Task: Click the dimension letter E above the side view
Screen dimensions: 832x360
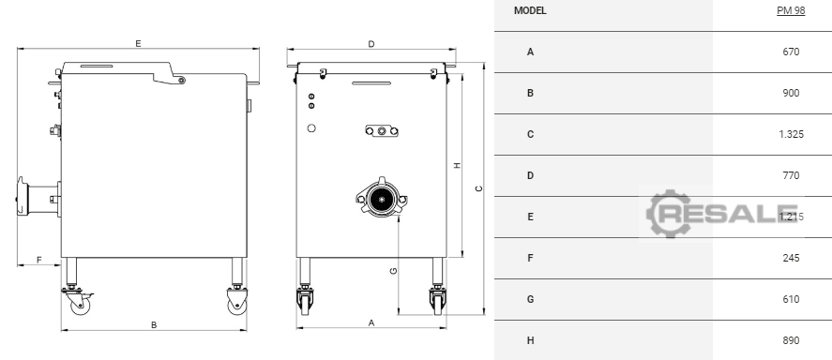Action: (x=138, y=43)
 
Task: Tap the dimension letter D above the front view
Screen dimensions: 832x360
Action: (x=371, y=44)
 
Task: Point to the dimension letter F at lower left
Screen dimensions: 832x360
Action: (x=38, y=260)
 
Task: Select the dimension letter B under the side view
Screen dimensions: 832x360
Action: (x=154, y=325)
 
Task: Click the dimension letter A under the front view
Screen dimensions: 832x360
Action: (x=371, y=322)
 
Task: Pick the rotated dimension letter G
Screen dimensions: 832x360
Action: (x=393, y=272)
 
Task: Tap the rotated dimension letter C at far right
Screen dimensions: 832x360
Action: (x=478, y=188)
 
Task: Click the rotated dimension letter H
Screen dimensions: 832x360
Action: (x=458, y=165)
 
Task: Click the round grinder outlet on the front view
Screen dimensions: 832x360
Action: (x=382, y=199)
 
